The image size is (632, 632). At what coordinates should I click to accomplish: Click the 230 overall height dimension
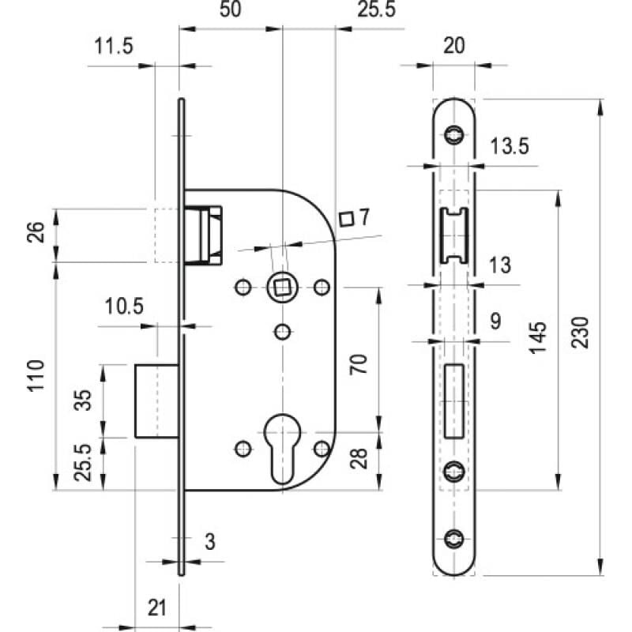coord(581,333)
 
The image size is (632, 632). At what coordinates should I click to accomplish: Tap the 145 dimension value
coord(538,338)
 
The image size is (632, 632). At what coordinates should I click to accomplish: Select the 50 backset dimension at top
coord(230,9)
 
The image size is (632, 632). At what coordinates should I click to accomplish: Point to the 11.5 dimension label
coord(113,46)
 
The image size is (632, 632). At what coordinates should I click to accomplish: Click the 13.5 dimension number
coord(509,146)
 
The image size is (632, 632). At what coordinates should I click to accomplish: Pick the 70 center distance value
coord(359,364)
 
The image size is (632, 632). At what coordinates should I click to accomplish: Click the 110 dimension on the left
coord(36,375)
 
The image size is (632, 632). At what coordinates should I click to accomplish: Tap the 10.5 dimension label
coord(124,307)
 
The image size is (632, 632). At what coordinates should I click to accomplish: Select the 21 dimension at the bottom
coord(156,608)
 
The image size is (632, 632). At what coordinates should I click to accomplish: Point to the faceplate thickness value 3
coord(210,542)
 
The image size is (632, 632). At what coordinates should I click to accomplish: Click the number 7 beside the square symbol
coord(364,217)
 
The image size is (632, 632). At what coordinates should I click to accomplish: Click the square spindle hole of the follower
coord(282,288)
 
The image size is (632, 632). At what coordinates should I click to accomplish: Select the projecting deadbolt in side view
coord(156,401)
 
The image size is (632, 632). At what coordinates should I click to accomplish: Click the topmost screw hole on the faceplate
coord(453,134)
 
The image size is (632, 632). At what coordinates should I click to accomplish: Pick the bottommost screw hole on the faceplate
coord(453,539)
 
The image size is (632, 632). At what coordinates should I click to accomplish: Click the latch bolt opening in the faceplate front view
coord(453,235)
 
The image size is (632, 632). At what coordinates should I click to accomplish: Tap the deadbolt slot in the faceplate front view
coord(453,401)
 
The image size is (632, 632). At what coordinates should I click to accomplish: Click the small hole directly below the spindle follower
coord(283,332)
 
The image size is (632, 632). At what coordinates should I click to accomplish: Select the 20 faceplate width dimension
coord(453,46)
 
